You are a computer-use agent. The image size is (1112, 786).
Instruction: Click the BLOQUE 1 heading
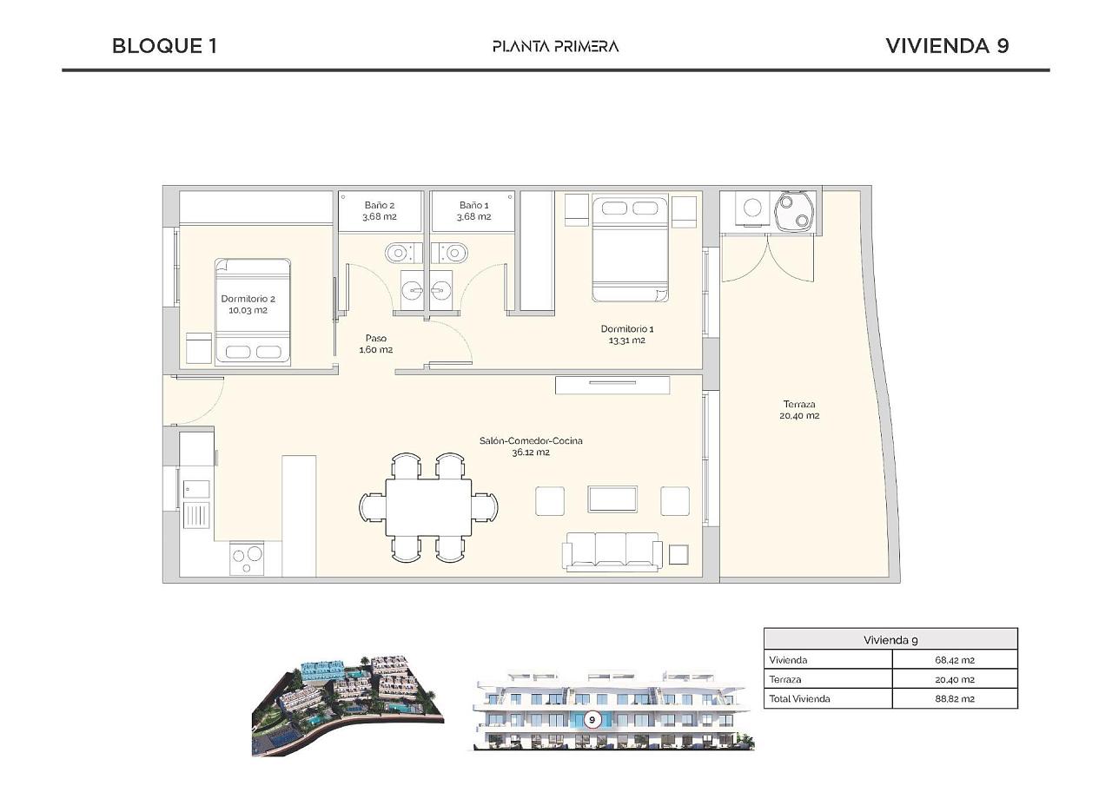(164, 46)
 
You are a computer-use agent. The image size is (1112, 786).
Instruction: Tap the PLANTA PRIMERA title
(555, 47)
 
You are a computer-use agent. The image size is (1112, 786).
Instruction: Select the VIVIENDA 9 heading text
(947, 46)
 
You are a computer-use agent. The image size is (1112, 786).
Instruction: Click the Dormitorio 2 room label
(248, 304)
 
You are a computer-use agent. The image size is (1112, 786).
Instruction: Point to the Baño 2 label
(380, 210)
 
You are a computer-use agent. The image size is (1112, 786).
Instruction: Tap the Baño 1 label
(473, 210)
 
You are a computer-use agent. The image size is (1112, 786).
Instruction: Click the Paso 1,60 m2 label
(376, 343)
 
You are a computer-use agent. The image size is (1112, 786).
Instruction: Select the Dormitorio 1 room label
(627, 334)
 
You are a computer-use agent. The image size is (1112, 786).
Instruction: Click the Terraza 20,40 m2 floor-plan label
(799, 410)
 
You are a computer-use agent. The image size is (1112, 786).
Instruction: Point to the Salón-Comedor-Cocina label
(531, 446)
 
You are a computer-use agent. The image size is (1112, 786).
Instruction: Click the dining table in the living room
(429, 507)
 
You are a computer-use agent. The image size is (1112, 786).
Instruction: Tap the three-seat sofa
(612, 552)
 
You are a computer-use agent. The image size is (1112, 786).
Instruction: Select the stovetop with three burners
(247, 558)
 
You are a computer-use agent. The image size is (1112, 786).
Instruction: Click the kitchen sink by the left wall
(196, 514)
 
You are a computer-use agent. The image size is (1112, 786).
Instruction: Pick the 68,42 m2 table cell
(954, 660)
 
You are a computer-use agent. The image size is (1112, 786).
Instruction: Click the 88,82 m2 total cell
(954, 698)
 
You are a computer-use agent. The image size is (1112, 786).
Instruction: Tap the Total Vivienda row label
(799, 698)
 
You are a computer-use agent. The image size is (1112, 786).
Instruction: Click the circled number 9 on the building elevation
(592, 719)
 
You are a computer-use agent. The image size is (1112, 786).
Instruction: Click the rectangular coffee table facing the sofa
(612, 499)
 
